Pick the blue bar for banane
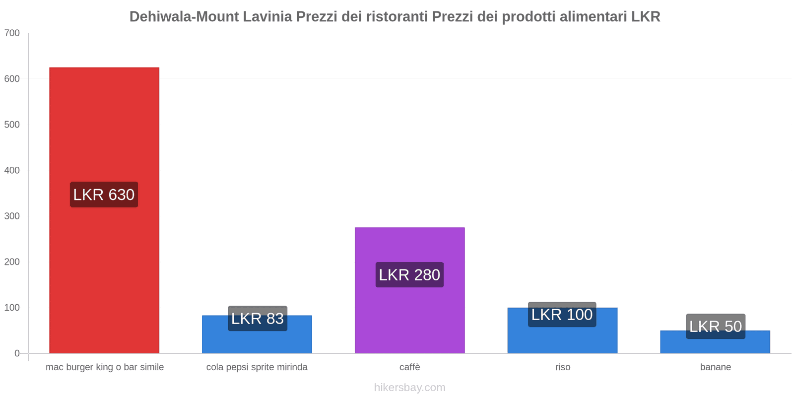[x=715, y=345]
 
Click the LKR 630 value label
[x=104, y=195]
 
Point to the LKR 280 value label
[x=409, y=274]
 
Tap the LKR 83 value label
[x=258, y=318]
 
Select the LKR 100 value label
[x=562, y=314]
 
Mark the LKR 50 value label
[x=716, y=326]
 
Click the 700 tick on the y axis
[x=12, y=33]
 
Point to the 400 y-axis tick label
[x=12, y=170]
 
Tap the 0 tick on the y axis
[x=17, y=353]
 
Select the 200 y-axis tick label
[x=12, y=262]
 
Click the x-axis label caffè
[x=409, y=367]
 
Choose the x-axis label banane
[x=715, y=367]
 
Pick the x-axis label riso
[x=563, y=367]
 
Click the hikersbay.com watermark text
[x=409, y=388]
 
